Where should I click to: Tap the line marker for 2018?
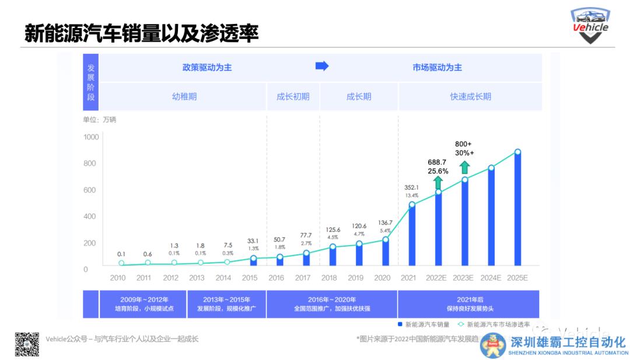pos(333,247)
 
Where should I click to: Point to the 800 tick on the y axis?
pos(90,163)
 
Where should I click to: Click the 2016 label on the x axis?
pos(276,278)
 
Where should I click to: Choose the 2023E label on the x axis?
pos(464,278)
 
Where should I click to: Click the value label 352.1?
pos(412,187)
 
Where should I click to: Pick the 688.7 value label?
pos(437,162)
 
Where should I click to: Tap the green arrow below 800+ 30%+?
pos(464,168)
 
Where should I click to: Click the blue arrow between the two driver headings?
pos(322,67)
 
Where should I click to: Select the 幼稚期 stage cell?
pos(184,97)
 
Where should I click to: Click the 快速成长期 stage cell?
pos(470,97)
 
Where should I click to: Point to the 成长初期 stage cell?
pos(293,97)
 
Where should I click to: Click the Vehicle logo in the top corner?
pos(590,26)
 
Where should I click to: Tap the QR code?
pos(27,344)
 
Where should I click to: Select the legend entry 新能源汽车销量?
pos(423,324)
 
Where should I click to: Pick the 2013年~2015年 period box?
pos(226,304)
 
